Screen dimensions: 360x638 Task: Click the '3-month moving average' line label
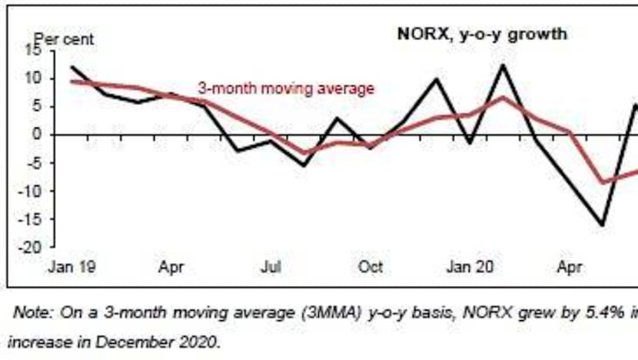point(286,88)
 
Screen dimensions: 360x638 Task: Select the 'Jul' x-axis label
point(271,268)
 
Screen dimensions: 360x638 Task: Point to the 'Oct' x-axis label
point(371,268)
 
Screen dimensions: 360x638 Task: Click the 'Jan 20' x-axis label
point(469,268)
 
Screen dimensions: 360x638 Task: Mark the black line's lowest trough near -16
point(602,225)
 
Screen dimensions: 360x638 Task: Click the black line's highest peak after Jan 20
point(503,65)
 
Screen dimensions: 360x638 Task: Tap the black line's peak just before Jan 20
point(437,78)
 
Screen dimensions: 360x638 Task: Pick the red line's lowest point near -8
point(603,183)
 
